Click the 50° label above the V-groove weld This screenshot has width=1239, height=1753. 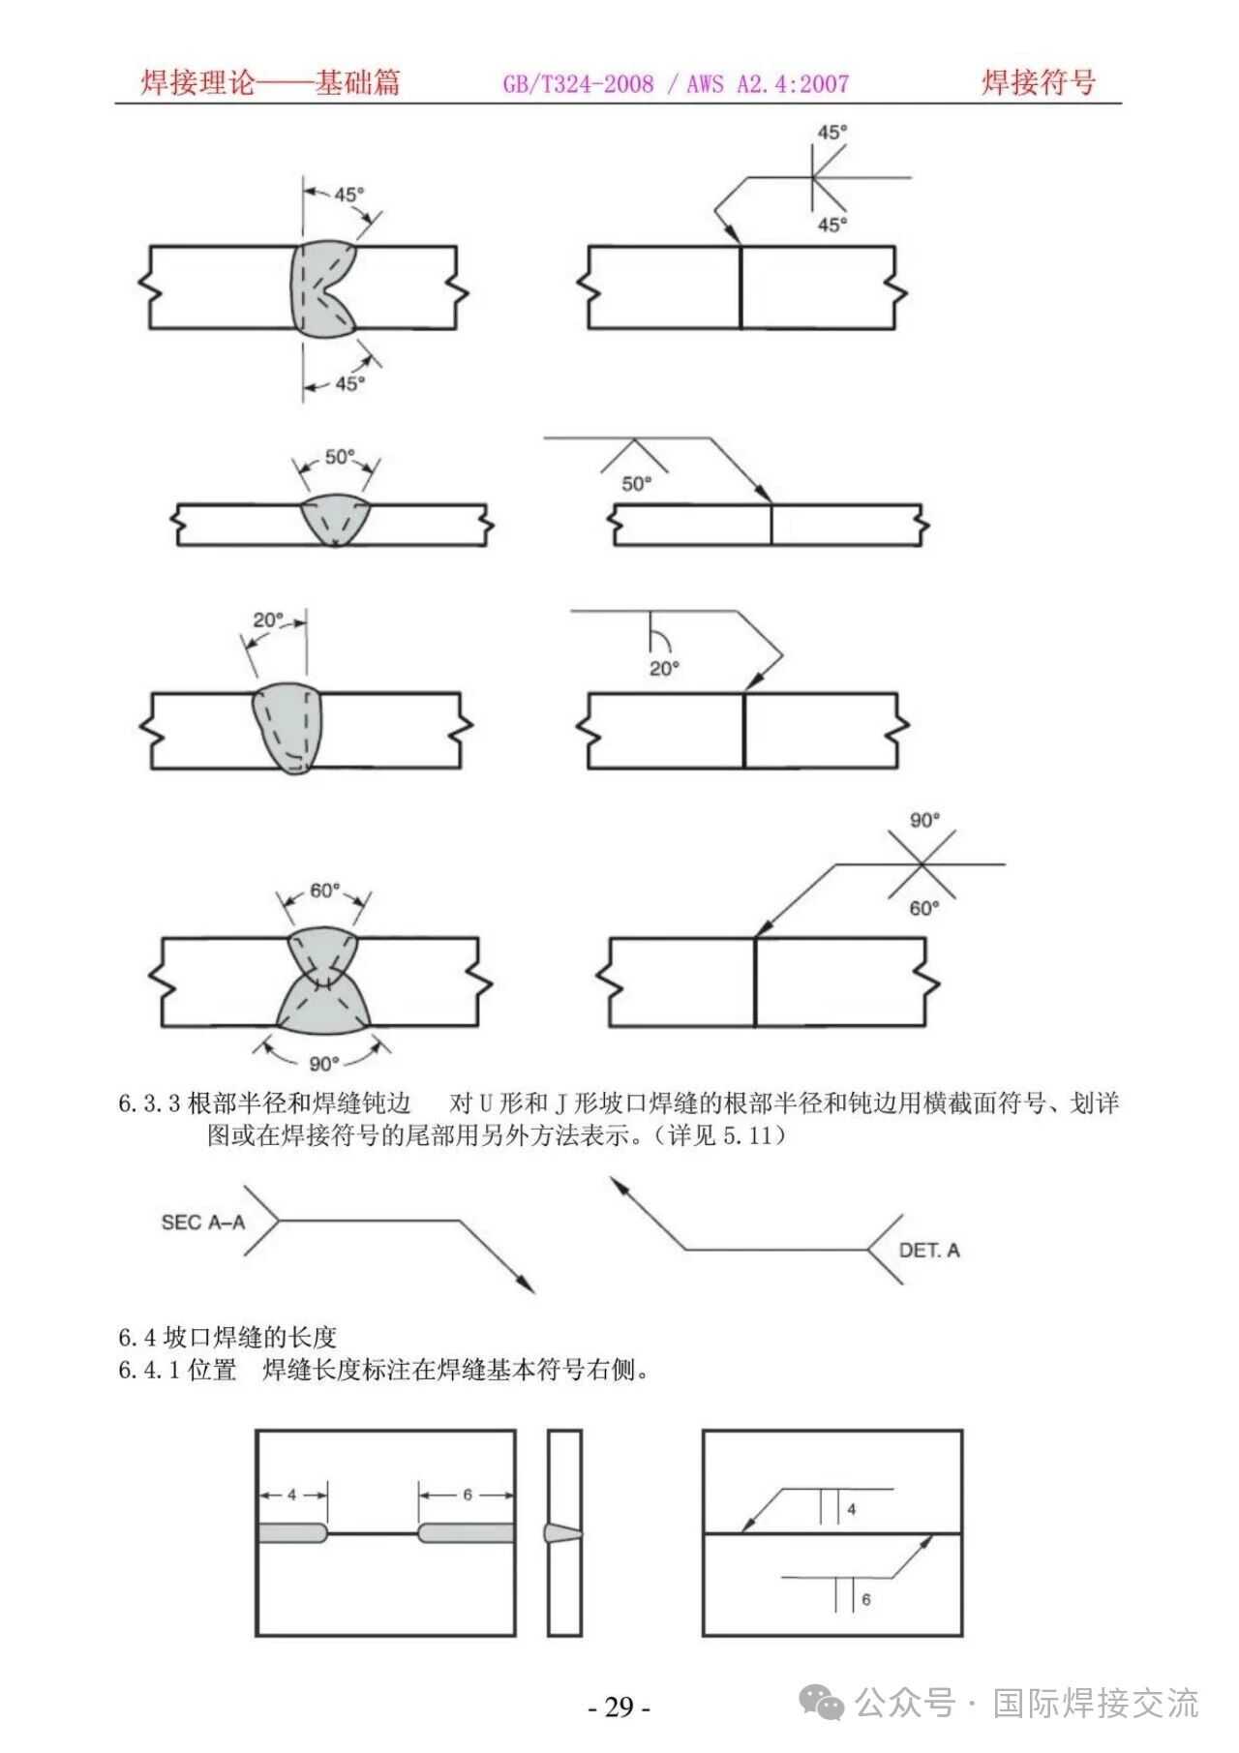point(340,457)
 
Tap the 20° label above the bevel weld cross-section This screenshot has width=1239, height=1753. point(268,620)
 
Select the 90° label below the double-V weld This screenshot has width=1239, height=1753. point(324,1064)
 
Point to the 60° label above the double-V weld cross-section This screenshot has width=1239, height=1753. point(324,891)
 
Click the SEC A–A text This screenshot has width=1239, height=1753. point(202,1223)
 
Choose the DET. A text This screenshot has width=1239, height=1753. point(928,1251)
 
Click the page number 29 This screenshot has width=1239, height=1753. point(619,1706)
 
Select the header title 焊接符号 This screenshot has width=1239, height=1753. point(1038,83)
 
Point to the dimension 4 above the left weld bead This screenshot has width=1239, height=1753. point(292,1495)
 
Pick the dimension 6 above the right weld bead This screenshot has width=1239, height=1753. point(467,1495)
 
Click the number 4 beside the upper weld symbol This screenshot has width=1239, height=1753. point(852,1509)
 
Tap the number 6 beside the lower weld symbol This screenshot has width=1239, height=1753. point(865,1599)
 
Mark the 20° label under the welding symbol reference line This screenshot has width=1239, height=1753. point(664,668)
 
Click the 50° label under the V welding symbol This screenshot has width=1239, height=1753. point(636,484)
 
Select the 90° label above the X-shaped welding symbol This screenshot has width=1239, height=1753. point(924,821)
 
